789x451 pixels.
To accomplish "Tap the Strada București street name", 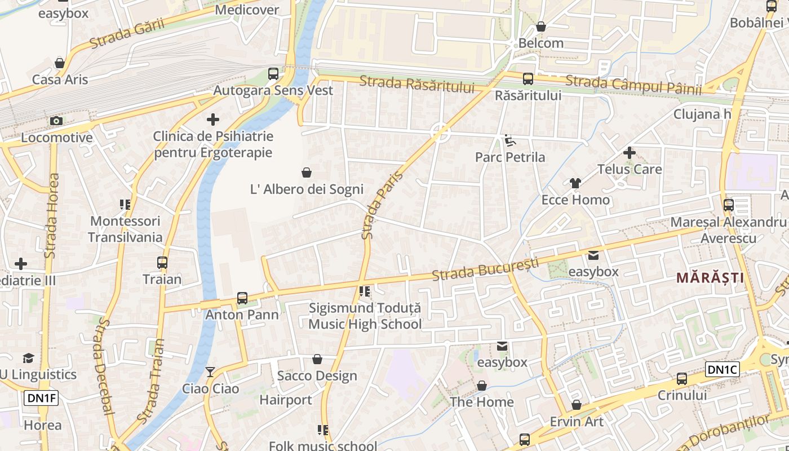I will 485,269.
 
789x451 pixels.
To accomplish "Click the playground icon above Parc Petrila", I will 510,140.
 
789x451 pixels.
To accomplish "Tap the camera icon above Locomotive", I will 56,121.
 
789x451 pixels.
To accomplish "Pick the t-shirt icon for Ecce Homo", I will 575,183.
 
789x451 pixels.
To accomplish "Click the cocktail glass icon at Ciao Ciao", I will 210,372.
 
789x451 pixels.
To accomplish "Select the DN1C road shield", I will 722,369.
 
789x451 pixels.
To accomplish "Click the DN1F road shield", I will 41,398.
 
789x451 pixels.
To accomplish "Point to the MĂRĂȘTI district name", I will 710,277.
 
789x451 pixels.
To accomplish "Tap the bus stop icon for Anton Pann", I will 242,298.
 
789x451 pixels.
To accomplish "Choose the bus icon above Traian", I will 162,262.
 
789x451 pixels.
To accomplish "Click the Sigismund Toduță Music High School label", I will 365,316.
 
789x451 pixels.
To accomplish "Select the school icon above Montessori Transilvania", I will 125,204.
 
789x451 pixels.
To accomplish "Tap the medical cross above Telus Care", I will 630,152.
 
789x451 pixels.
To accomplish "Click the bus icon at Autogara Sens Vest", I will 273,73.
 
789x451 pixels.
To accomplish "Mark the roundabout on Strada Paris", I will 440,134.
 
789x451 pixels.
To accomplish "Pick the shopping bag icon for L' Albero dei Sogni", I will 307,172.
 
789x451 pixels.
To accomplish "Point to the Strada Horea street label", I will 52,216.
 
